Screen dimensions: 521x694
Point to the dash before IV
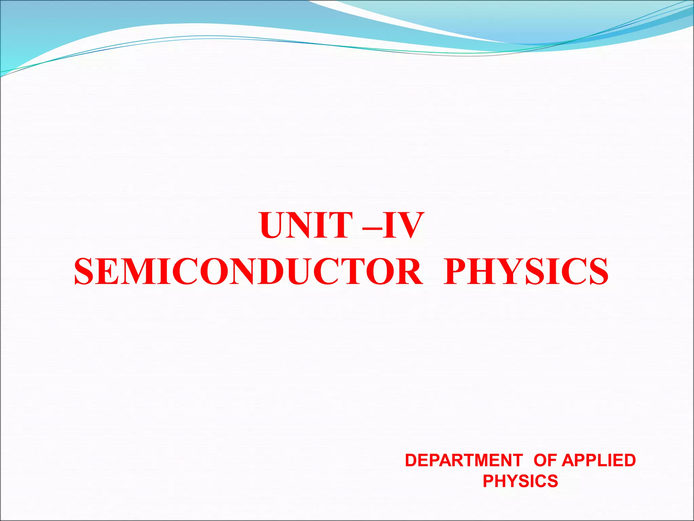click(372, 227)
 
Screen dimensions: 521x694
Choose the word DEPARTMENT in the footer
click(464, 461)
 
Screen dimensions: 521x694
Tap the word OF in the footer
click(546, 461)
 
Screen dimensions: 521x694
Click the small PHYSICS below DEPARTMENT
click(520, 481)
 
